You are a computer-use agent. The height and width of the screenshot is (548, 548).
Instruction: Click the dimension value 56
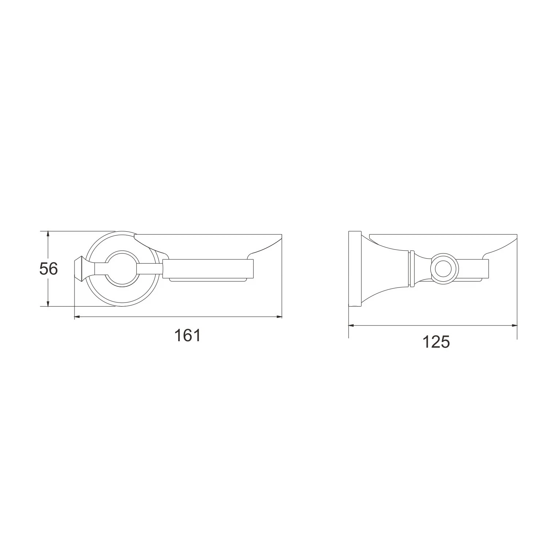click(x=49, y=269)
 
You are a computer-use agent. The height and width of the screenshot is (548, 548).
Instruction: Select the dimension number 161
click(x=187, y=335)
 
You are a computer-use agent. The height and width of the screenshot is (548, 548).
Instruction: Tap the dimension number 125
click(x=436, y=342)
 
